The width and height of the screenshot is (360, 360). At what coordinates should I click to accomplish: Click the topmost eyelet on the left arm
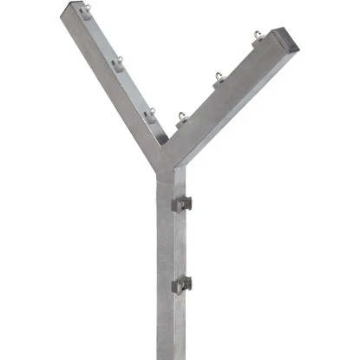coord(86,12)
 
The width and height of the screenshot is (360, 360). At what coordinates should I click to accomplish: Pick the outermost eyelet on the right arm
coord(258,36)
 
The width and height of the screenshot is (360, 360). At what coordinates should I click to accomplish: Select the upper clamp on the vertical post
coord(181,204)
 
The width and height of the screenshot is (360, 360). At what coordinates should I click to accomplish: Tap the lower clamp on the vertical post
coord(181,284)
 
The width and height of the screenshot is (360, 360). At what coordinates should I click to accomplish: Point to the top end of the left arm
coord(74,10)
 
